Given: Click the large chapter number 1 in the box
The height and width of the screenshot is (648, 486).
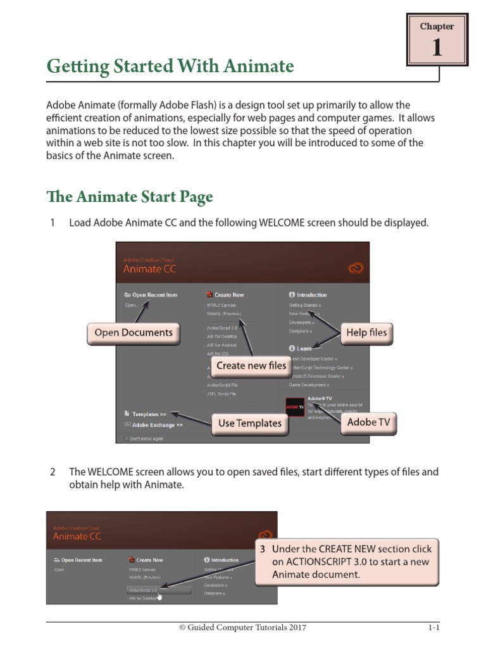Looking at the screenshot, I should tap(437, 48).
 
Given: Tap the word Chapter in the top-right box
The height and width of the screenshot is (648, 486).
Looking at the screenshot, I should tap(437, 27).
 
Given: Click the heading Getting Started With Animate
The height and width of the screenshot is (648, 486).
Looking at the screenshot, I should tap(170, 66).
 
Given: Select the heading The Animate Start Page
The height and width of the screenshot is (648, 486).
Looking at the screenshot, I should tap(130, 197).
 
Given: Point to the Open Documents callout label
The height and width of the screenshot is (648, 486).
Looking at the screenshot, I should tap(133, 332).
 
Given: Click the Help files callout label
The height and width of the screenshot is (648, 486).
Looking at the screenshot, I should tap(366, 332).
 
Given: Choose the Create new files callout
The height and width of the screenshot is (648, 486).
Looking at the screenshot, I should tap(251, 365).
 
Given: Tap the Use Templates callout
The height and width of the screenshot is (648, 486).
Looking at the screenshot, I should tap(250, 423).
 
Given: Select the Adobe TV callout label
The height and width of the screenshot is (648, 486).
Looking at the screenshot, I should tap(368, 422).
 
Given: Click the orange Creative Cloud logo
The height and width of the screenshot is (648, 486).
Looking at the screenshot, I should tap(356, 268).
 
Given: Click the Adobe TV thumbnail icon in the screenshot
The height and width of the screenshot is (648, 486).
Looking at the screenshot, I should tap(296, 408).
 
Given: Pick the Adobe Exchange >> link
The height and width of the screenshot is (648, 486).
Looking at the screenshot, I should tap(157, 425).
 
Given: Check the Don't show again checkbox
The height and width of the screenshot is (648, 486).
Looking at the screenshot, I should tap(127, 439).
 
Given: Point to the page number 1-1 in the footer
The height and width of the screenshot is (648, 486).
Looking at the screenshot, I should tap(433, 628).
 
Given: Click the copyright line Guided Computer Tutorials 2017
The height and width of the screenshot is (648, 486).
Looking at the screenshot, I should tap(243, 628).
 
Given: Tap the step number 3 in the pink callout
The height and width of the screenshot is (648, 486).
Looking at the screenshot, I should tap(262, 549).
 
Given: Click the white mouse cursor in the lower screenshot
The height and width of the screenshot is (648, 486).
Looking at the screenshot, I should tap(159, 595).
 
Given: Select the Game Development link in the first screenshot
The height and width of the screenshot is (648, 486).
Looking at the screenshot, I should tap(309, 385).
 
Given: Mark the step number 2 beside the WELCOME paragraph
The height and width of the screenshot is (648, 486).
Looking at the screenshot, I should tap(53, 472).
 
